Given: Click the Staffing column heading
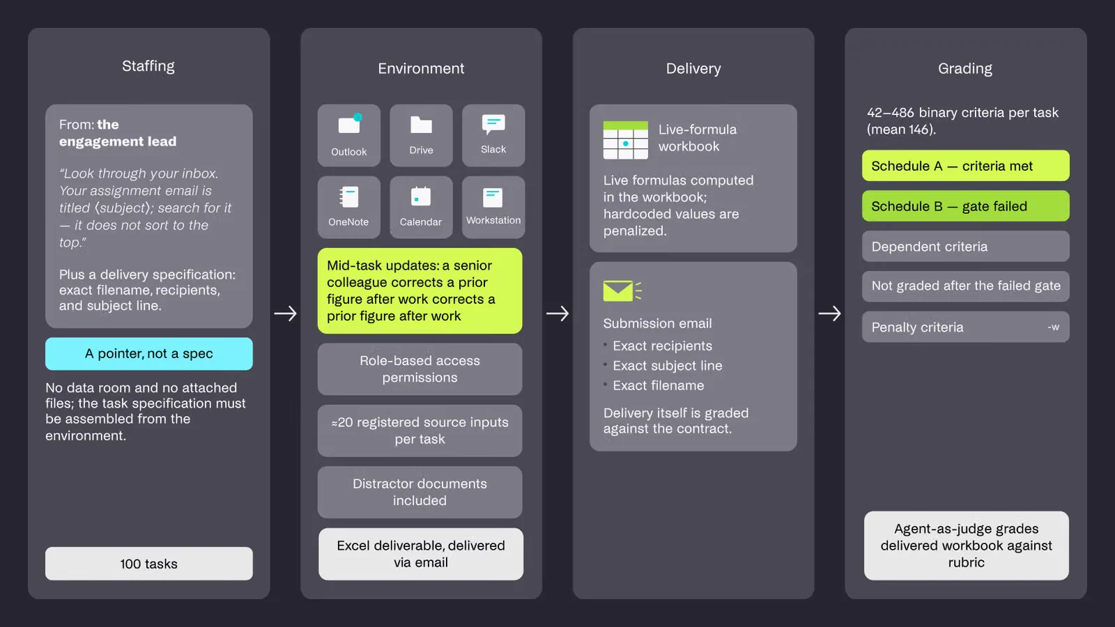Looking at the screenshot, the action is click(x=148, y=66).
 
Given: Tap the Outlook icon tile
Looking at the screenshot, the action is click(x=349, y=135).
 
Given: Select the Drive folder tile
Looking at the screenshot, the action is click(x=421, y=135).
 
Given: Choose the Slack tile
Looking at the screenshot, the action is click(x=493, y=135).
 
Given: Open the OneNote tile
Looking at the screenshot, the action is click(x=349, y=207).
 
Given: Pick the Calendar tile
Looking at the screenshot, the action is click(x=421, y=207).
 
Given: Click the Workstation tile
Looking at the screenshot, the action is click(x=493, y=207).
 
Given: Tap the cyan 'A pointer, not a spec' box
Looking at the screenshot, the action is click(x=149, y=354).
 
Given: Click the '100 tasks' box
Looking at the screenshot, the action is click(x=149, y=564).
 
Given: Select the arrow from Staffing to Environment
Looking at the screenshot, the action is click(x=285, y=313).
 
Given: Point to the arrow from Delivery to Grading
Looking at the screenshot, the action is click(x=830, y=313).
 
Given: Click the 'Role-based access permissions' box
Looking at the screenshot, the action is click(x=420, y=369).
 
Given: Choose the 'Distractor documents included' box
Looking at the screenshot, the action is click(x=420, y=492).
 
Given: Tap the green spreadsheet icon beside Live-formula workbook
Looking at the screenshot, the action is click(x=626, y=140).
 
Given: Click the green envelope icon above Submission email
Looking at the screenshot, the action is click(x=622, y=291).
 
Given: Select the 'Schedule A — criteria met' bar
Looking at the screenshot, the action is click(x=966, y=166).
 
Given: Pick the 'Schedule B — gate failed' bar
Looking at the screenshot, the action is click(x=966, y=206).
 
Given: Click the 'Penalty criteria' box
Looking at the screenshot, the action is click(x=966, y=327).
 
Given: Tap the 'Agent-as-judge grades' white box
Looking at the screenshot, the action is click(x=966, y=545).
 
